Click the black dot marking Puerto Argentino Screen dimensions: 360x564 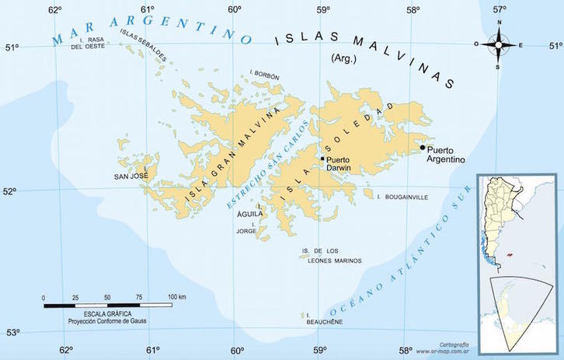click(x=423, y=147)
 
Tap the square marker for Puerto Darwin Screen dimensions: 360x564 click(x=322, y=159)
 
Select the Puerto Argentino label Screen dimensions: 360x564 click(x=444, y=154)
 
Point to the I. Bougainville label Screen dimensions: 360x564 click(x=402, y=197)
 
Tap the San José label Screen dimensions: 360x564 click(x=131, y=176)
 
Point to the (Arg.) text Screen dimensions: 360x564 click(x=343, y=58)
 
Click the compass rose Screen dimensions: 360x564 click(x=498, y=44)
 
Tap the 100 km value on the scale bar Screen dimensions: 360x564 click(x=176, y=297)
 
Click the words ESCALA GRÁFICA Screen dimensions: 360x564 click(x=90, y=313)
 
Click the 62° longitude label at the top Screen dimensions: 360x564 click(x=54, y=10)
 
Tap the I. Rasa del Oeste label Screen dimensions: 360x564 click(x=88, y=43)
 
